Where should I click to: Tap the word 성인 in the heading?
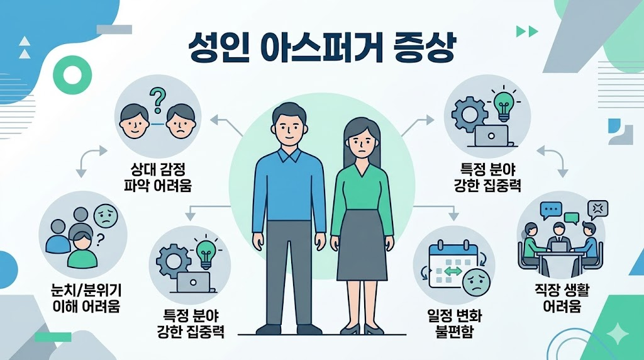click(218, 48)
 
